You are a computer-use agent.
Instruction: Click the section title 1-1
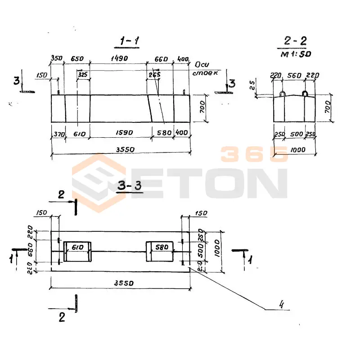(129, 41)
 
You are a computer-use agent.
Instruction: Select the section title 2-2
(295, 41)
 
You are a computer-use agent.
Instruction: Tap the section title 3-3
(130, 186)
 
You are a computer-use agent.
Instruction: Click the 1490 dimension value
(118, 58)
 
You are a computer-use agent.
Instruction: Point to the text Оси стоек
(205, 68)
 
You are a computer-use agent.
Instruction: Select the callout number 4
(282, 305)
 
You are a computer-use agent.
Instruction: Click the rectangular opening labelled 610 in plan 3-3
(77, 252)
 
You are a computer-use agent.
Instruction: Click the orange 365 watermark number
(254, 154)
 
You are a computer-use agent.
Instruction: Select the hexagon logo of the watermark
(99, 182)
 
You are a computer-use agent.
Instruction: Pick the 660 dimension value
(160, 58)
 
